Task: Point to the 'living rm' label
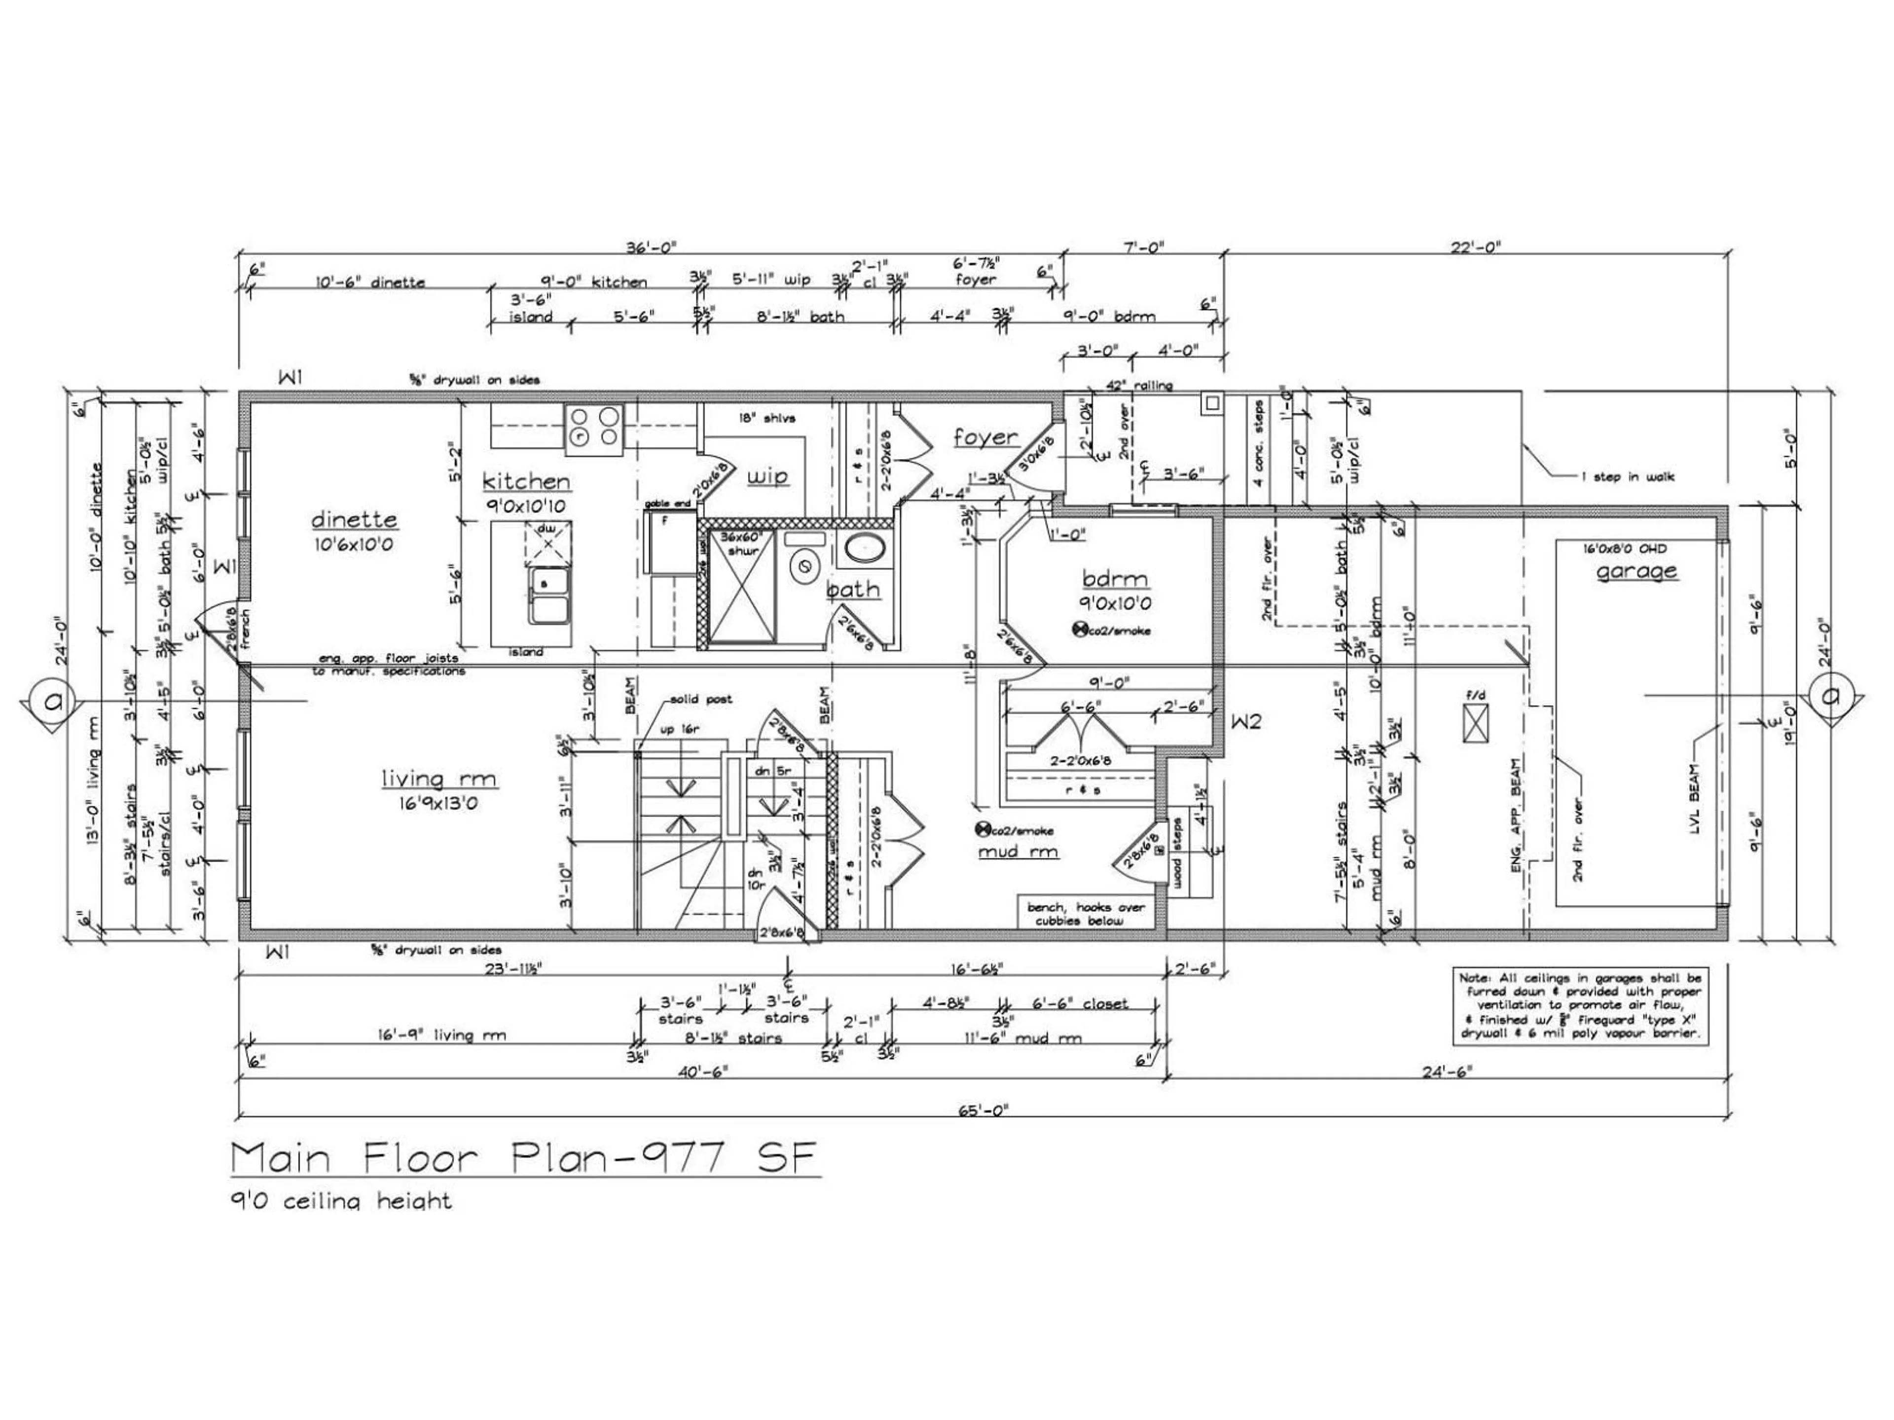point(438,779)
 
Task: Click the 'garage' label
point(1636,571)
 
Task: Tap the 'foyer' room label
point(985,437)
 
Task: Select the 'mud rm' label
point(1018,852)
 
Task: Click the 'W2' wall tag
point(1247,721)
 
